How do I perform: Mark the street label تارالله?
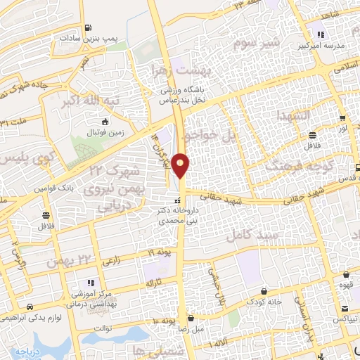pos(154,283)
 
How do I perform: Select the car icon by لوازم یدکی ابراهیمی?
pos(30,307)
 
